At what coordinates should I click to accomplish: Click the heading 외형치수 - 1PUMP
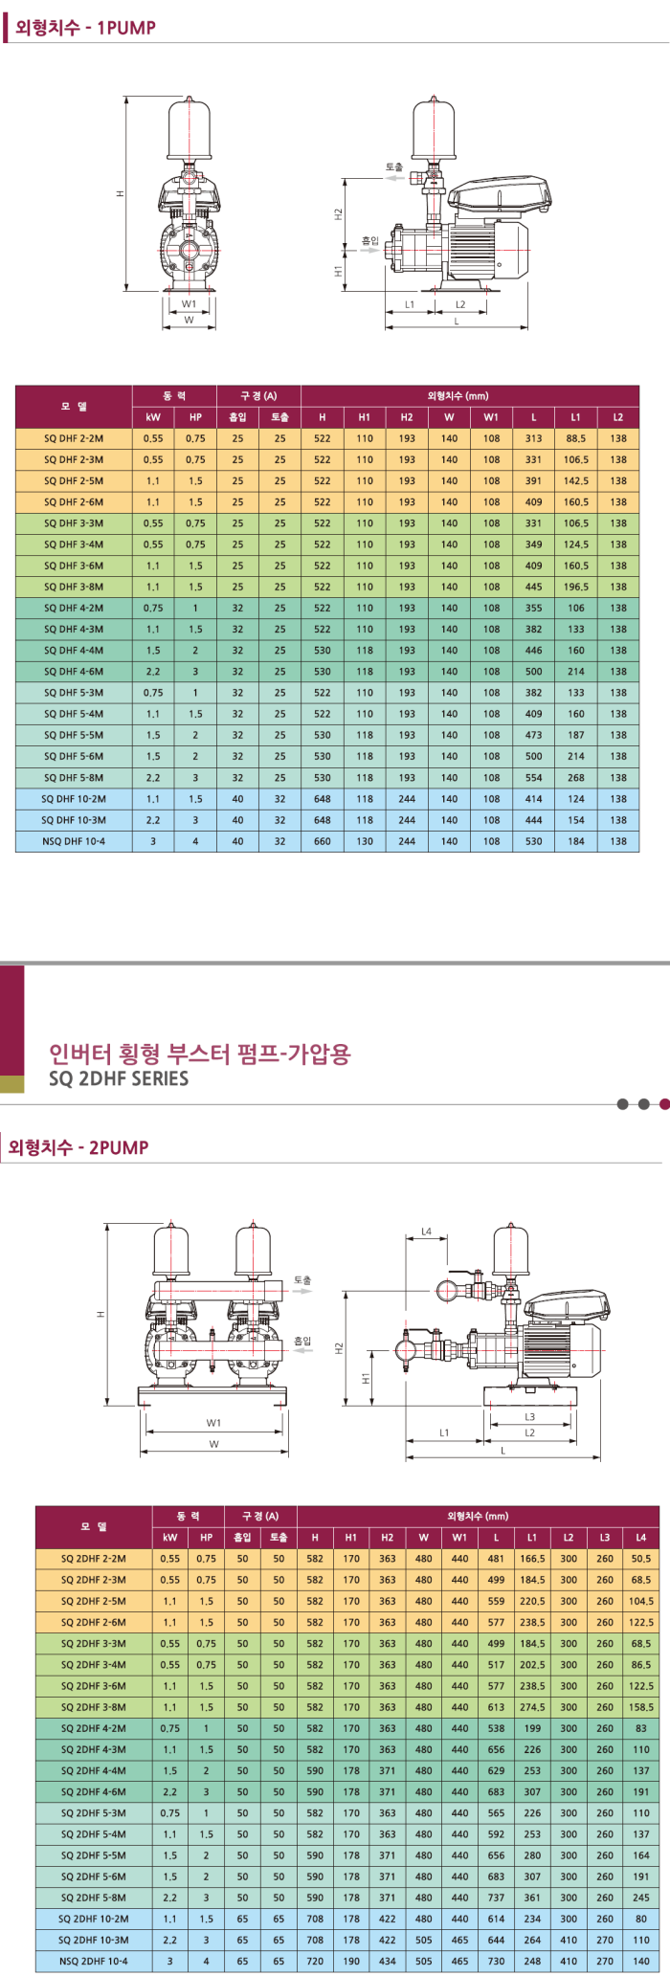pos(85,28)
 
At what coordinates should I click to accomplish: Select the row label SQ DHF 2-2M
pos(74,438)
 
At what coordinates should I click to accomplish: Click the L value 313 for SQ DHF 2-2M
pos(533,438)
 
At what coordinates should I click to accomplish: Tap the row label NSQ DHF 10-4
pos(74,841)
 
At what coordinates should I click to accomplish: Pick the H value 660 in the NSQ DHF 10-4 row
pos(323,841)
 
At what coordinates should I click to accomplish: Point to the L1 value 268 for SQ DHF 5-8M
pos(575,778)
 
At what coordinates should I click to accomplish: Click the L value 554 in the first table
pos(533,778)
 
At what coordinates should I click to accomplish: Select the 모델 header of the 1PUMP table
pos(74,407)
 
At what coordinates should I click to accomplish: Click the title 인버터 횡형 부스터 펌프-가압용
pos(200,1054)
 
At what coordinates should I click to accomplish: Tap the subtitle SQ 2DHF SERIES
pos(119,1078)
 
